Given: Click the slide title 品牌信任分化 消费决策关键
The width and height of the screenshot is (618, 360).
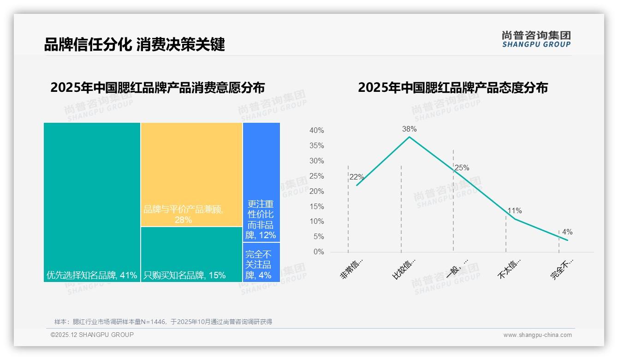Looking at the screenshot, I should click(x=134, y=45).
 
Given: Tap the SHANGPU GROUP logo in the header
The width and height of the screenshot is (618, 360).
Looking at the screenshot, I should click(x=536, y=39).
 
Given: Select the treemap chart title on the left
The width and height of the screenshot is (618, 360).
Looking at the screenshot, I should click(x=157, y=88).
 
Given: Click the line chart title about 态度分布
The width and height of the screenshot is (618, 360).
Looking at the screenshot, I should click(x=452, y=88).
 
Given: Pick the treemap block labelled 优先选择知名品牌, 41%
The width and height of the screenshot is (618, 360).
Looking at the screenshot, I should click(x=92, y=202).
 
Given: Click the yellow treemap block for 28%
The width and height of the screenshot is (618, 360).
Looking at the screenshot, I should click(x=191, y=174).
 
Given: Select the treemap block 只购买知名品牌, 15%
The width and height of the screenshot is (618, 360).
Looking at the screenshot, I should click(x=191, y=254).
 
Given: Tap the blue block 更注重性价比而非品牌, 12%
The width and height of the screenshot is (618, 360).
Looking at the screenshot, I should click(x=261, y=182).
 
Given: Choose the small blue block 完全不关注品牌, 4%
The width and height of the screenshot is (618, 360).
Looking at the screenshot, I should click(x=261, y=262).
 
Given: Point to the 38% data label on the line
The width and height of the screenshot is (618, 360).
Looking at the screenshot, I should click(x=409, y=129).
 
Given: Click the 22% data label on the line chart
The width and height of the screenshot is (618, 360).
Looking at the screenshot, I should click(x=357, y=177).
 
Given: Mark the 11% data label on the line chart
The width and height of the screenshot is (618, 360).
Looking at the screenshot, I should click(x=514, y=211).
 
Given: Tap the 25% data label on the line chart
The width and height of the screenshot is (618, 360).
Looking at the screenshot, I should click(x=462, y=168).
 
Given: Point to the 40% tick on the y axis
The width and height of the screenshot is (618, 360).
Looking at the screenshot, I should click(x=316, y=131).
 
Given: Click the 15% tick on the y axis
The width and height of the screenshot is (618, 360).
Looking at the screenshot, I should click(x=316, y=206).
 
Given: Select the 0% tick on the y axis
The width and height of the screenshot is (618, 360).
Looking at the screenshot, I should click(x=319, y=252).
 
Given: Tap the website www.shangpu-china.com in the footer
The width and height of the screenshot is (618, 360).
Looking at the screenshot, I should click(x=537, y=335).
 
